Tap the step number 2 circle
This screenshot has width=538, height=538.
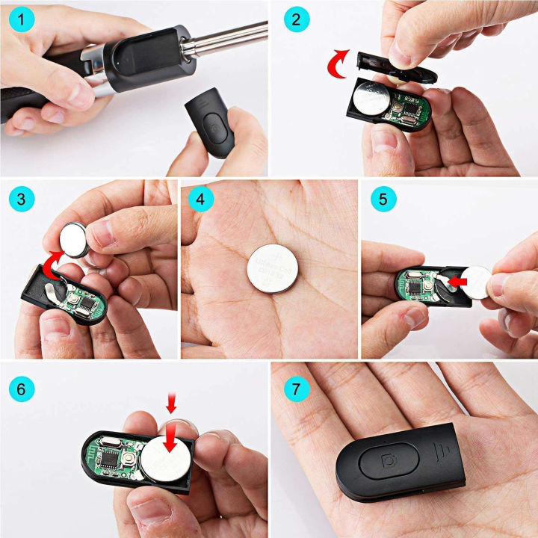(297, 20)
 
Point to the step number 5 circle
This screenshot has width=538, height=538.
(383, 200)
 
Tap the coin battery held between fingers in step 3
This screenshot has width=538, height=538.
(75, 238)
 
